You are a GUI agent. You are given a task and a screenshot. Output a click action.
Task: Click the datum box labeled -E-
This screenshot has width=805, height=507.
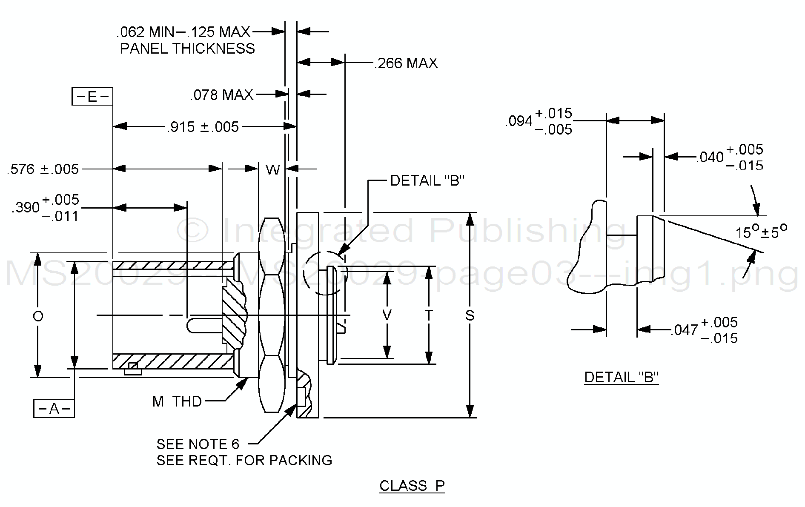point(92,97)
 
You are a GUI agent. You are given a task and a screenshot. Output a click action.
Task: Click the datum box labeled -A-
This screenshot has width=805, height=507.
point(54,409)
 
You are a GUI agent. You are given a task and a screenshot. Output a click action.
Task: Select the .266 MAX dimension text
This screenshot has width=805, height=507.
point(406,63)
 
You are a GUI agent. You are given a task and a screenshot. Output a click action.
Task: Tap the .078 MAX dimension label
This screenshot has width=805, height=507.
point(222,95)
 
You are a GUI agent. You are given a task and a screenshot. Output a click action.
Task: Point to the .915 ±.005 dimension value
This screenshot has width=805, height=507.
point(203,127)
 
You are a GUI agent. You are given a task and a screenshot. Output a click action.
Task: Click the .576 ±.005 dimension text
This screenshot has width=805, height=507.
point(43,169)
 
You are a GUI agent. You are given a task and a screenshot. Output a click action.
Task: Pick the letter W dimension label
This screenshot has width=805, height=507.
point(273,170)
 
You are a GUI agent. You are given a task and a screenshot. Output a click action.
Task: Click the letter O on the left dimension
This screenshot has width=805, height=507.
point(38,316)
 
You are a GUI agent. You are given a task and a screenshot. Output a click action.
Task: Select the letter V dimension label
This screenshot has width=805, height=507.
point(387,315)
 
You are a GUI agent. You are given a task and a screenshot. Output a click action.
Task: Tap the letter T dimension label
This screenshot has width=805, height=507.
point(429,315)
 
